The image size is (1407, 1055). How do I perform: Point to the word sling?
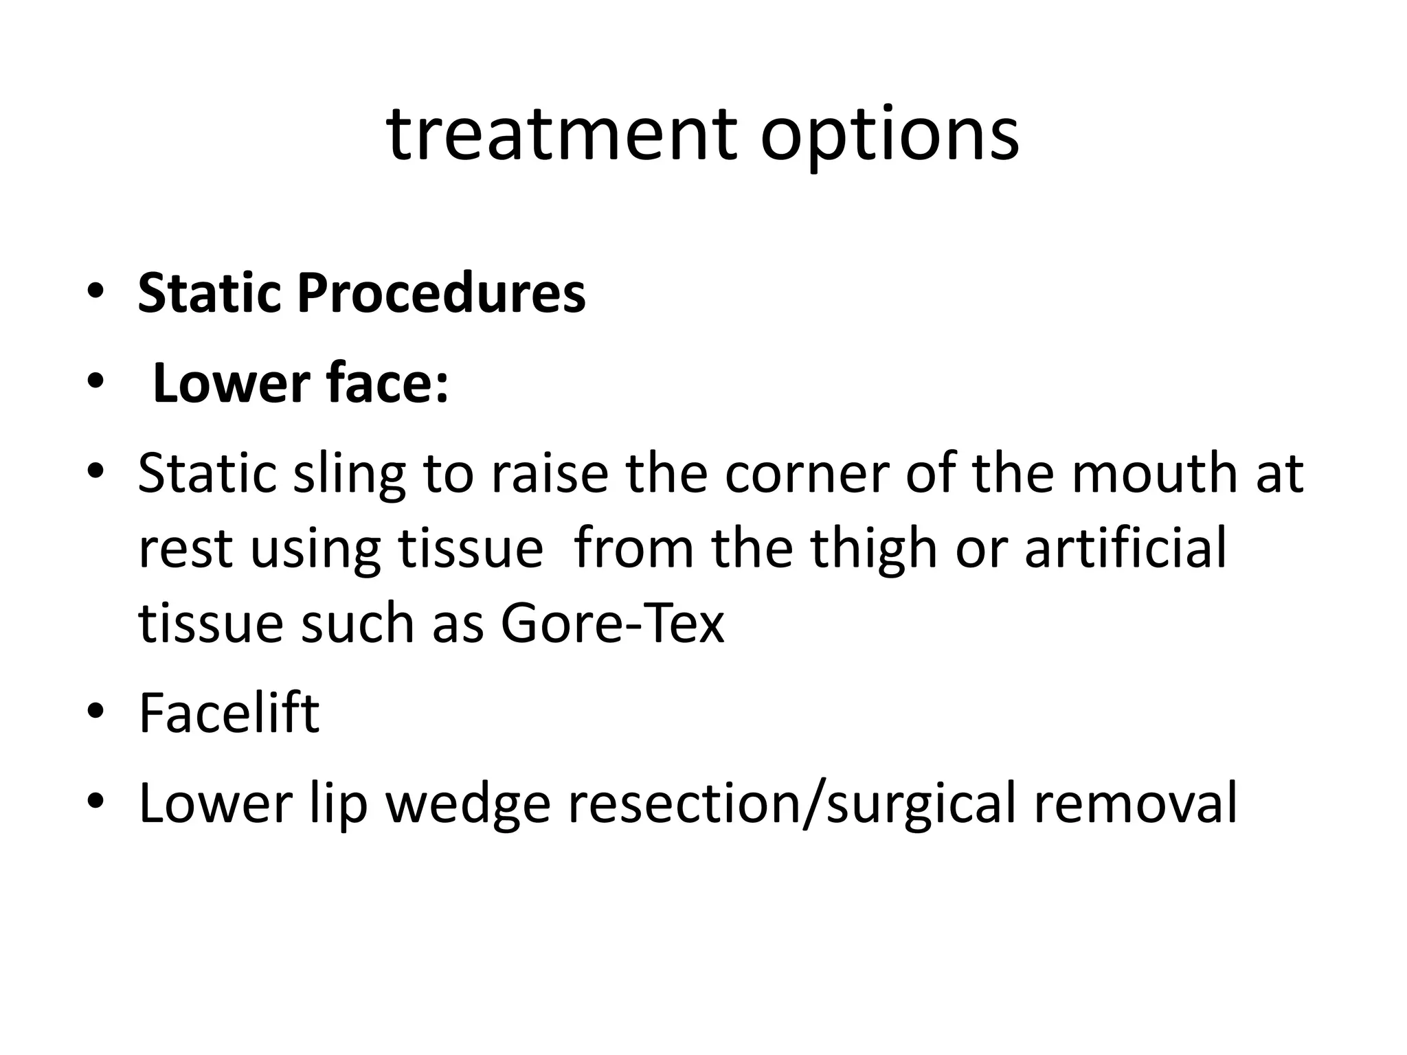pyautogui.click(x=350, y=475)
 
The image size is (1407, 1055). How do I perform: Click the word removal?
pyautogui.click(x=1135, y=802)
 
